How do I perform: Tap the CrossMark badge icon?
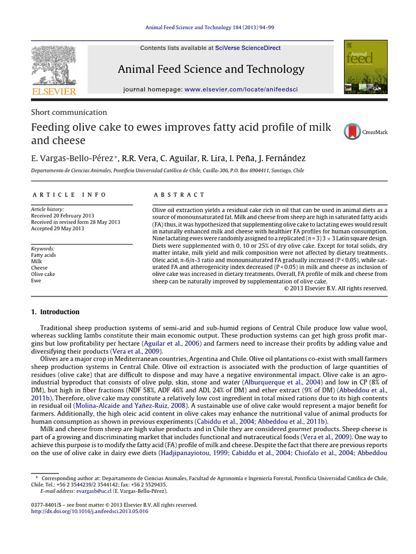coord(352,131)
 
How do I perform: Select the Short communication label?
coord(68,113)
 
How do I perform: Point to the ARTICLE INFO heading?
coord(69,195)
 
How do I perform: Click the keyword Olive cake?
coord(43,274)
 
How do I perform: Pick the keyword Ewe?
coord(36,281)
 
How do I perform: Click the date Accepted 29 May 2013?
coord(57,228)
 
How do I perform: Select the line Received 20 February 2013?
coord(61,215)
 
